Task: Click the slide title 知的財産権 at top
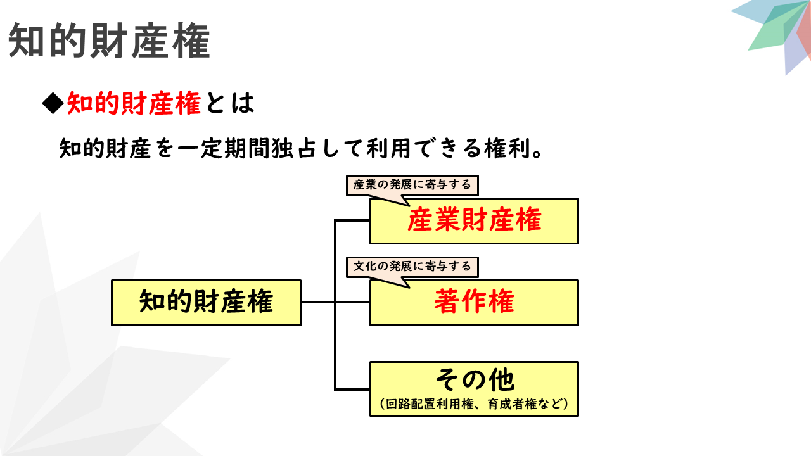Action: (108, 41)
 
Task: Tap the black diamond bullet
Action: (53, 103)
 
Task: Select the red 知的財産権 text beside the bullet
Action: (134, 103)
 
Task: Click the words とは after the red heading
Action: (230, 103)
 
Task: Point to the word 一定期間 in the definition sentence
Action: (224, 148)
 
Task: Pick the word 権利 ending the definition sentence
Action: (508, 148)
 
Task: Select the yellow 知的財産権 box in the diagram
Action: (206, 303)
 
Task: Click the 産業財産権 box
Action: (474, 221)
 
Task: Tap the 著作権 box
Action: (474, 303)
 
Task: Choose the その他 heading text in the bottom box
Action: (475, 380)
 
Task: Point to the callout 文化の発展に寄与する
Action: (412, 267)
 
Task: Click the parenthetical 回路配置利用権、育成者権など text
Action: (474, 404)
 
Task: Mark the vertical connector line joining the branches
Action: (335, 305)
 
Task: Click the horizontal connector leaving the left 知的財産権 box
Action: (317, 302)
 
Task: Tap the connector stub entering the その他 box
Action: (353, 389)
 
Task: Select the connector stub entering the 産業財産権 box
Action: (353, 220)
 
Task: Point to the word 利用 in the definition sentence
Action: (388, 148)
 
